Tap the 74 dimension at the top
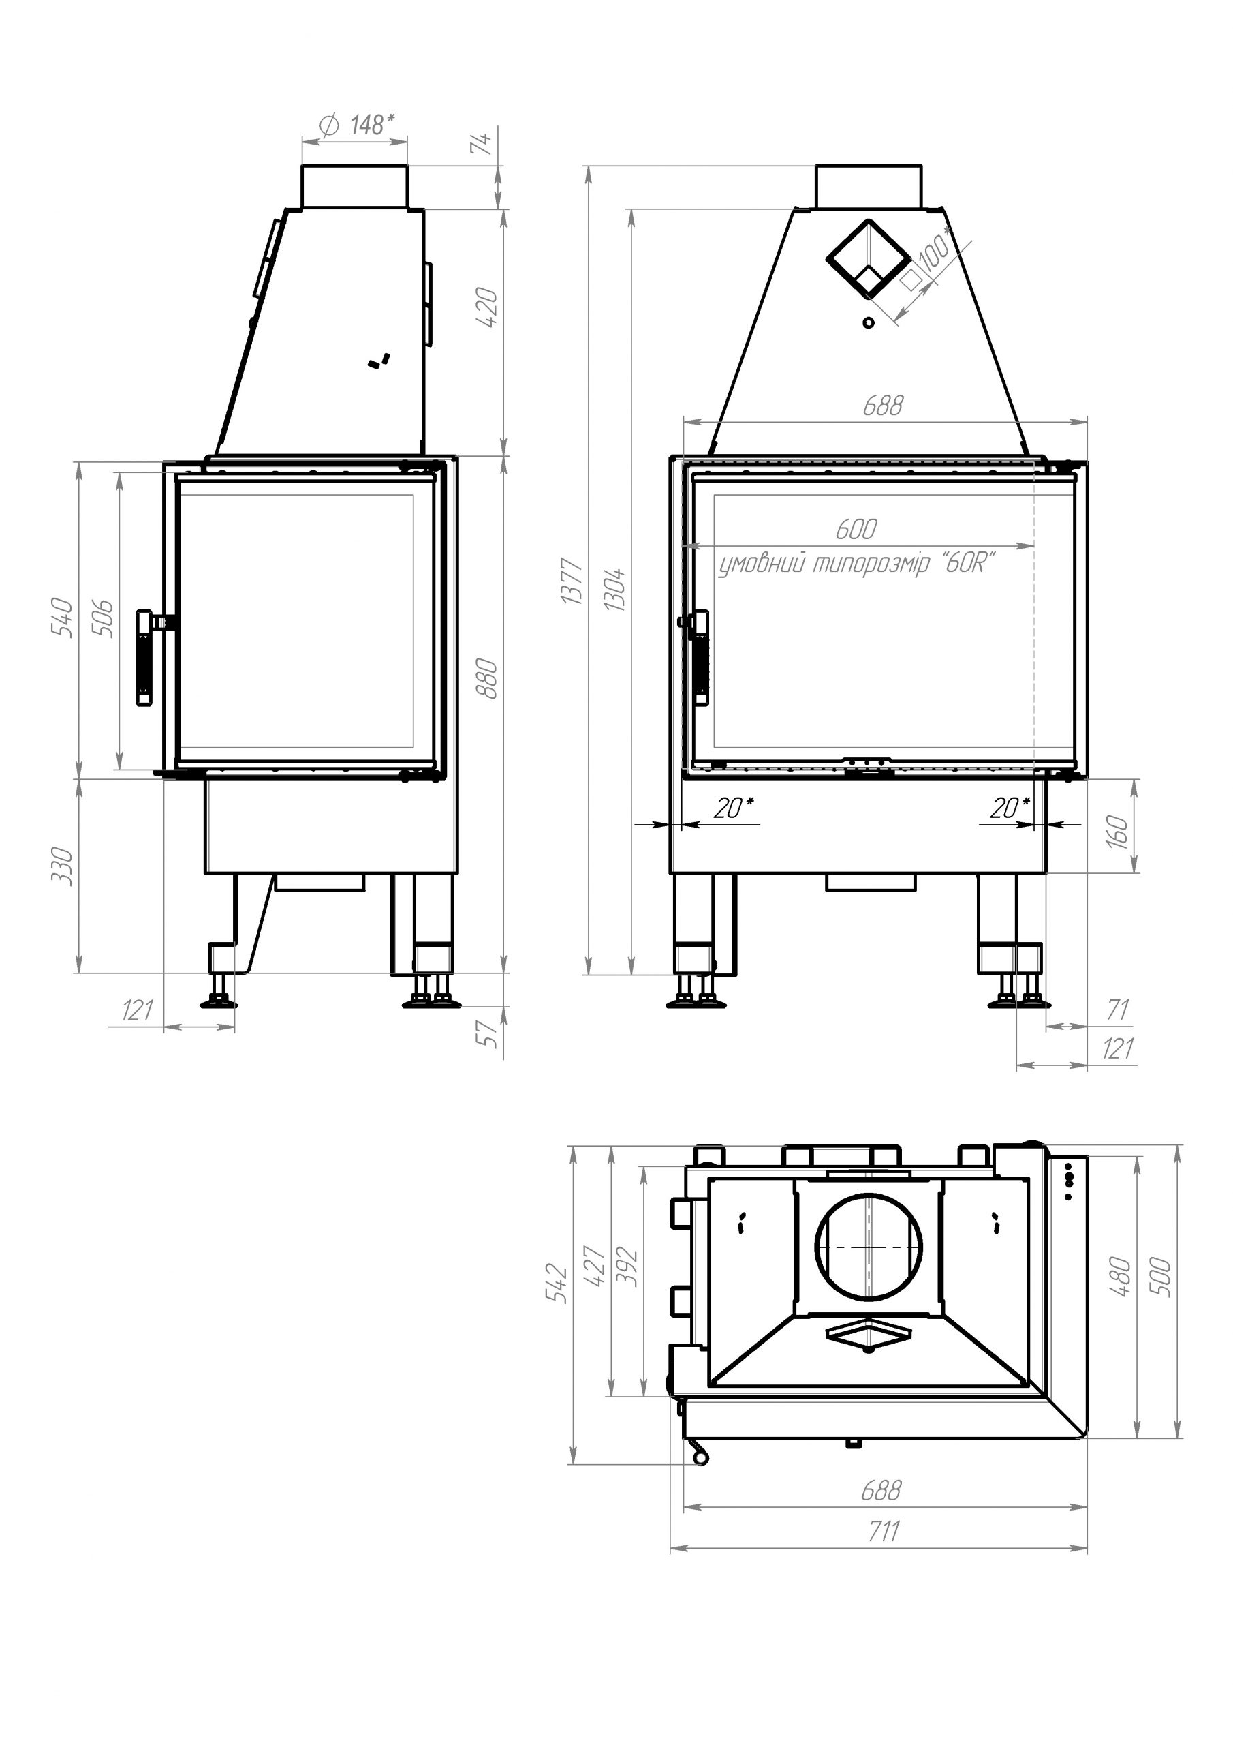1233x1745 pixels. (484, 142)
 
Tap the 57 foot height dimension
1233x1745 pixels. (490, 1031)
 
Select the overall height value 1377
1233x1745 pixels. (572, 581)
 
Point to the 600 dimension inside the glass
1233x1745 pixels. (856, 530)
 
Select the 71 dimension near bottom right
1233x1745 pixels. (1117, 1010)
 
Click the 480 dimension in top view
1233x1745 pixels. (1121, 1276)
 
